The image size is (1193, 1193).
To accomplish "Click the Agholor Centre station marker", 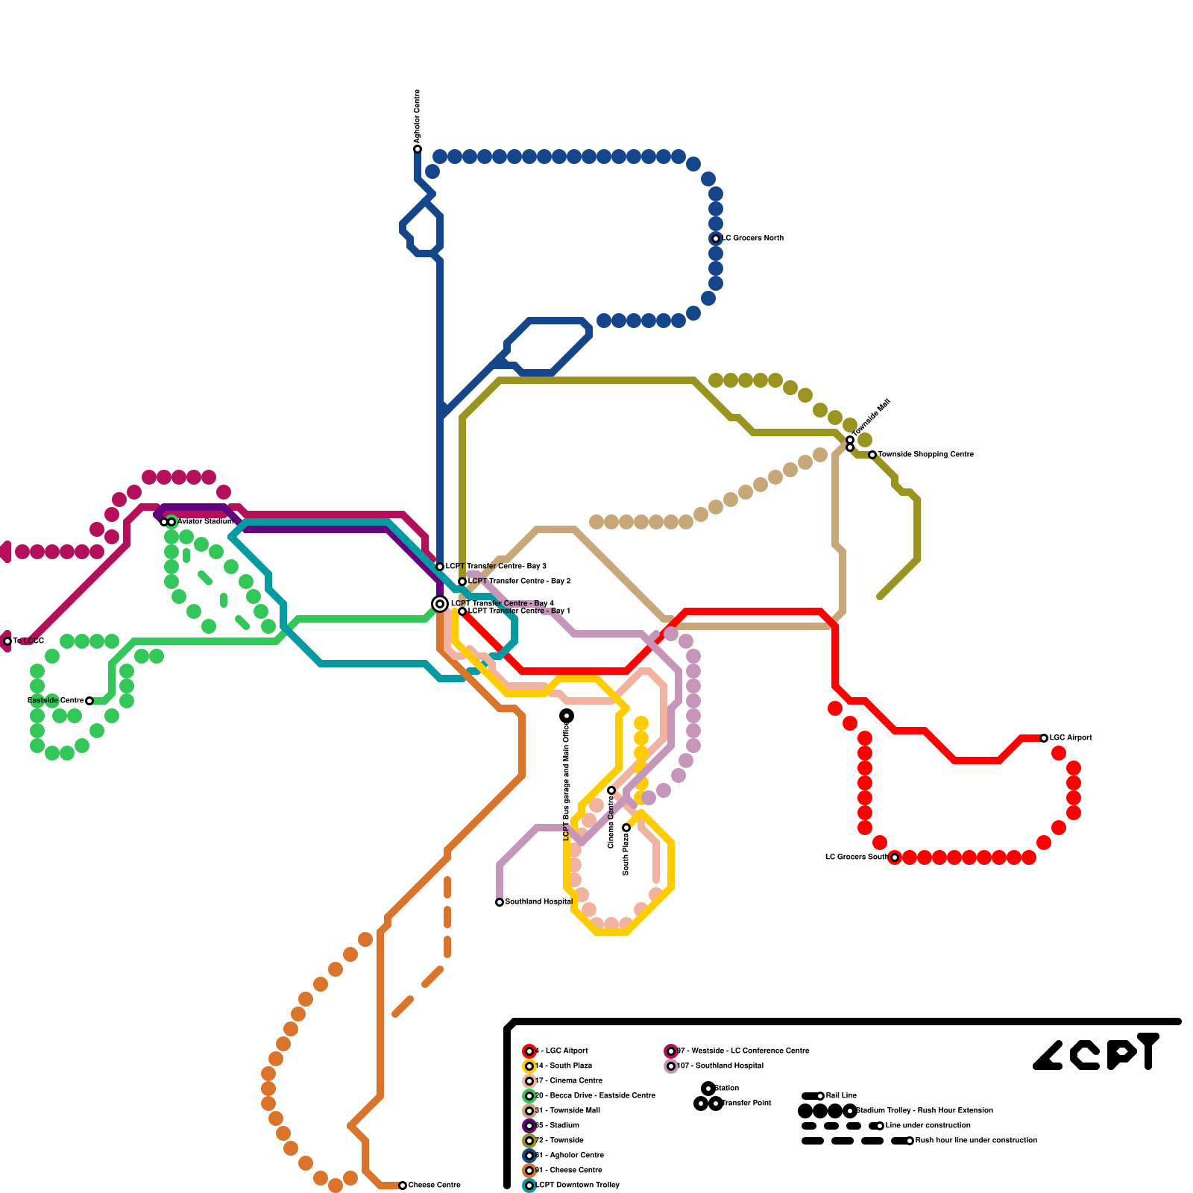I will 418,149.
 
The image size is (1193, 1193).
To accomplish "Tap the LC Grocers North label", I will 753,239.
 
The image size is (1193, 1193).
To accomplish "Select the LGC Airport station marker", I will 1044,738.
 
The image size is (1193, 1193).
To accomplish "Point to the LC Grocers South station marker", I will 895,857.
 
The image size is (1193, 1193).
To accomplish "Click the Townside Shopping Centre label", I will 925,455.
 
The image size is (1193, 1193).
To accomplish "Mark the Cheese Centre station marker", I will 403,1186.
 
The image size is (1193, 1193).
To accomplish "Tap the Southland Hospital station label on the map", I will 538,902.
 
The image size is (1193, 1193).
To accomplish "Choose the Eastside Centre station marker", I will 89,701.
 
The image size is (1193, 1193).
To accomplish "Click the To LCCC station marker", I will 7,641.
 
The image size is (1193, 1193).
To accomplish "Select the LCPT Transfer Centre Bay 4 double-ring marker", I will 440,604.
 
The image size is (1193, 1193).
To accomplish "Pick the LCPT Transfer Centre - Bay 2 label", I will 519,582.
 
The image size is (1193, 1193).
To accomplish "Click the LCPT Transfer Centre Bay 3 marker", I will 440,567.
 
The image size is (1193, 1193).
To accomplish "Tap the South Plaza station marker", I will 626,828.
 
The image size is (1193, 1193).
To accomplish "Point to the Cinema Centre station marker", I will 611,790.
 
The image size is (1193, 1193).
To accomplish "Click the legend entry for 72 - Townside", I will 559,1141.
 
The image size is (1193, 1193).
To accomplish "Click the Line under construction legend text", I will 928,1126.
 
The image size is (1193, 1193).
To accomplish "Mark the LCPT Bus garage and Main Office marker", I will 567,716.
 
